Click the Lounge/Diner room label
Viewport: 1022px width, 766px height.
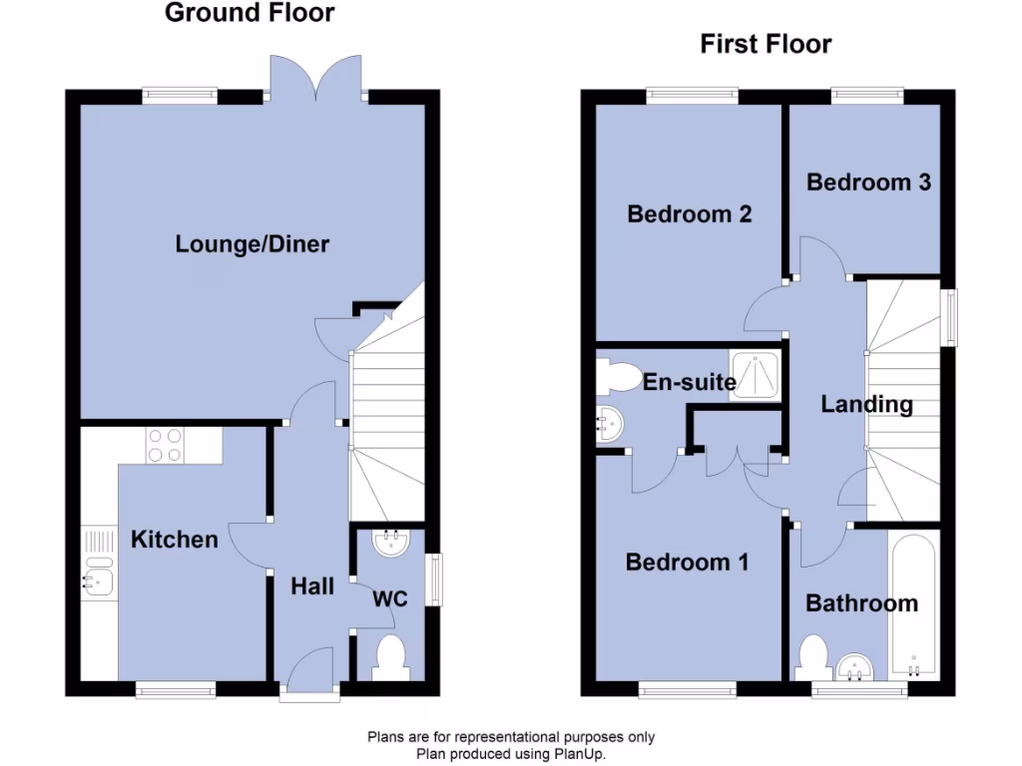[252, 243]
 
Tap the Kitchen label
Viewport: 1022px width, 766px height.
[174, 540]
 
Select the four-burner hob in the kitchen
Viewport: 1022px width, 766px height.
[166, 445]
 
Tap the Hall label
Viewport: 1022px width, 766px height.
[312, 586]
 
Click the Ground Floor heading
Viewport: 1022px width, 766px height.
[250, 13]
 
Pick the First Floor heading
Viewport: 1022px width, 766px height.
[766, 44]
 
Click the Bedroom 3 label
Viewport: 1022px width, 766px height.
[868, 183]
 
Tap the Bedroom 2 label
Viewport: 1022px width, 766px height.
[689, 213]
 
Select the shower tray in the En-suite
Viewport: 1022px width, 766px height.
[757, 374]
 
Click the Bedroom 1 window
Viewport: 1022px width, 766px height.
[688, 687]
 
